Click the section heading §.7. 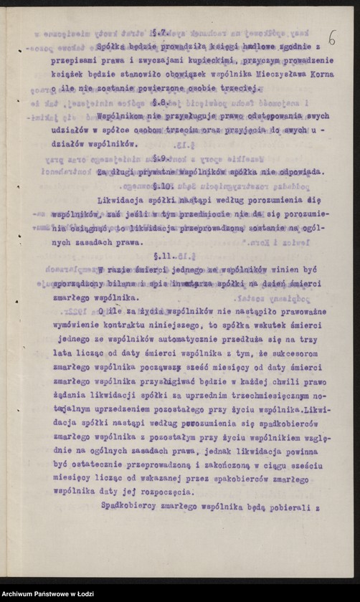160,33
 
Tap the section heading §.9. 161,156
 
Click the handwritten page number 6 331,37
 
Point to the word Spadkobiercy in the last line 132,507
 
